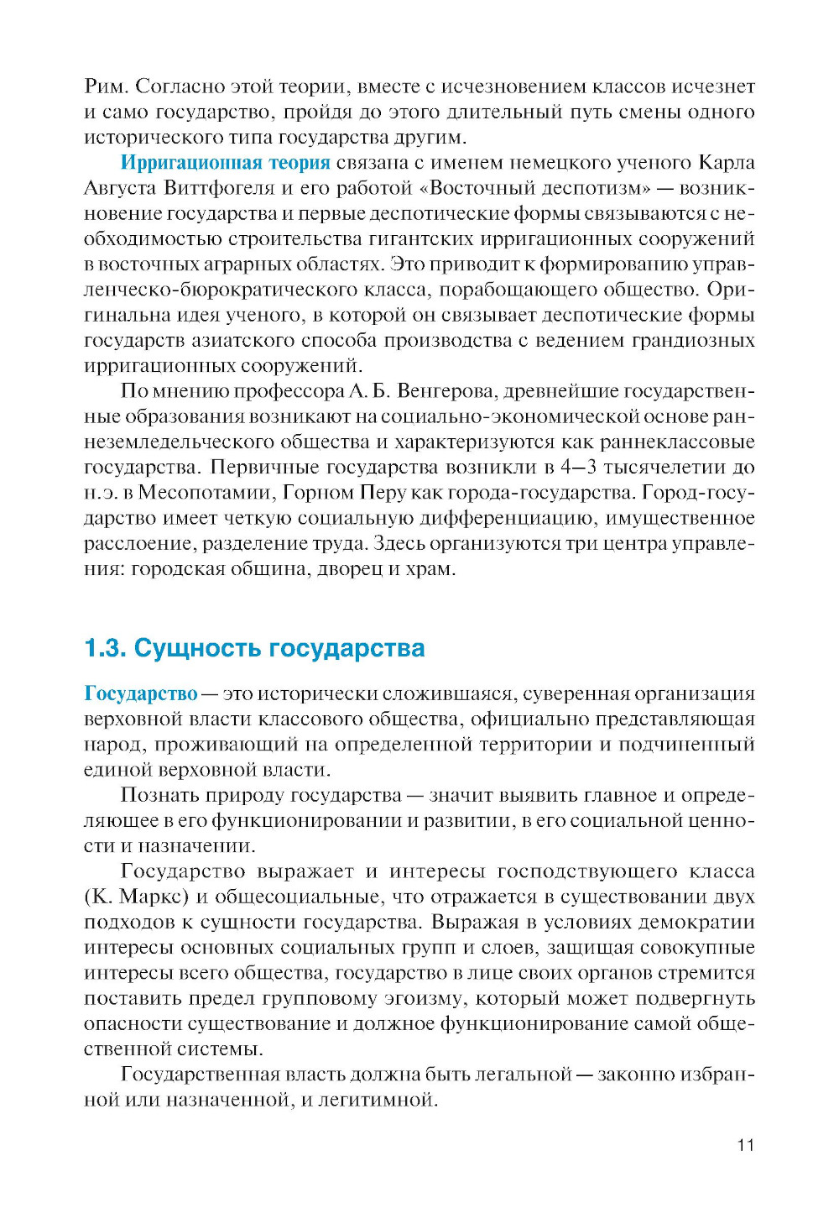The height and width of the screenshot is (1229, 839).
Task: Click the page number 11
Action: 745,1145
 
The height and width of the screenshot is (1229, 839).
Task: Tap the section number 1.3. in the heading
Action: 105,648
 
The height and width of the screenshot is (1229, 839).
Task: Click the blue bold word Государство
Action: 140,694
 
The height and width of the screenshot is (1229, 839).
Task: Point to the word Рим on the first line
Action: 106,86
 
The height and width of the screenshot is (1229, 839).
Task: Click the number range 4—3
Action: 579,468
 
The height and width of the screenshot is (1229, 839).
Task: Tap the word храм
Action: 430,569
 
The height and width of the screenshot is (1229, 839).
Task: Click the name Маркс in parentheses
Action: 154,897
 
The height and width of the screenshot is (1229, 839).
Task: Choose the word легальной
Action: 523,1075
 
